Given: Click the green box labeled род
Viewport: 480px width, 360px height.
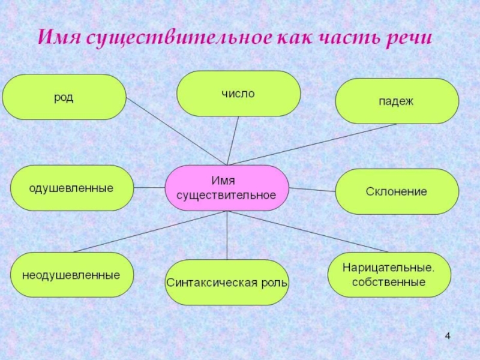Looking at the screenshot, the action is [x=64, y=97].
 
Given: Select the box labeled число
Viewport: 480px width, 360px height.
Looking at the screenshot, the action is [x=238, y=94].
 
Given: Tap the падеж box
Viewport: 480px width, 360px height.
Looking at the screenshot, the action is [x=397, y=101].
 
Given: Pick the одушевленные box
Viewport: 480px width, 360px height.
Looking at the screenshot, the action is [x=71, y=188].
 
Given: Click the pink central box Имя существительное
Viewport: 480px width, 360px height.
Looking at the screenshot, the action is [x=227, y=188].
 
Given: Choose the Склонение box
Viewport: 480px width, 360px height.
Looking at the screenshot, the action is [x=397, y=191].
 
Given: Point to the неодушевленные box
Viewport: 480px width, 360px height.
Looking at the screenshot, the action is [x=71, y=275].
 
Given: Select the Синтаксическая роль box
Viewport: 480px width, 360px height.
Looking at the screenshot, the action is [x=227, y=282].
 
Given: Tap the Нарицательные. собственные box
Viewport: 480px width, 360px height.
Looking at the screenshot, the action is [x=389, y=274].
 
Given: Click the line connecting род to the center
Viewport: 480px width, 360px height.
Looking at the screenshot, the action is [x=176, y=131].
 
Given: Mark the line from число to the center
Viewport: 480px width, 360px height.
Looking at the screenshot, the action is [x=233, y=140].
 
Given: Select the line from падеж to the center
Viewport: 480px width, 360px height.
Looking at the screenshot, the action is [x=312, y=144].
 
